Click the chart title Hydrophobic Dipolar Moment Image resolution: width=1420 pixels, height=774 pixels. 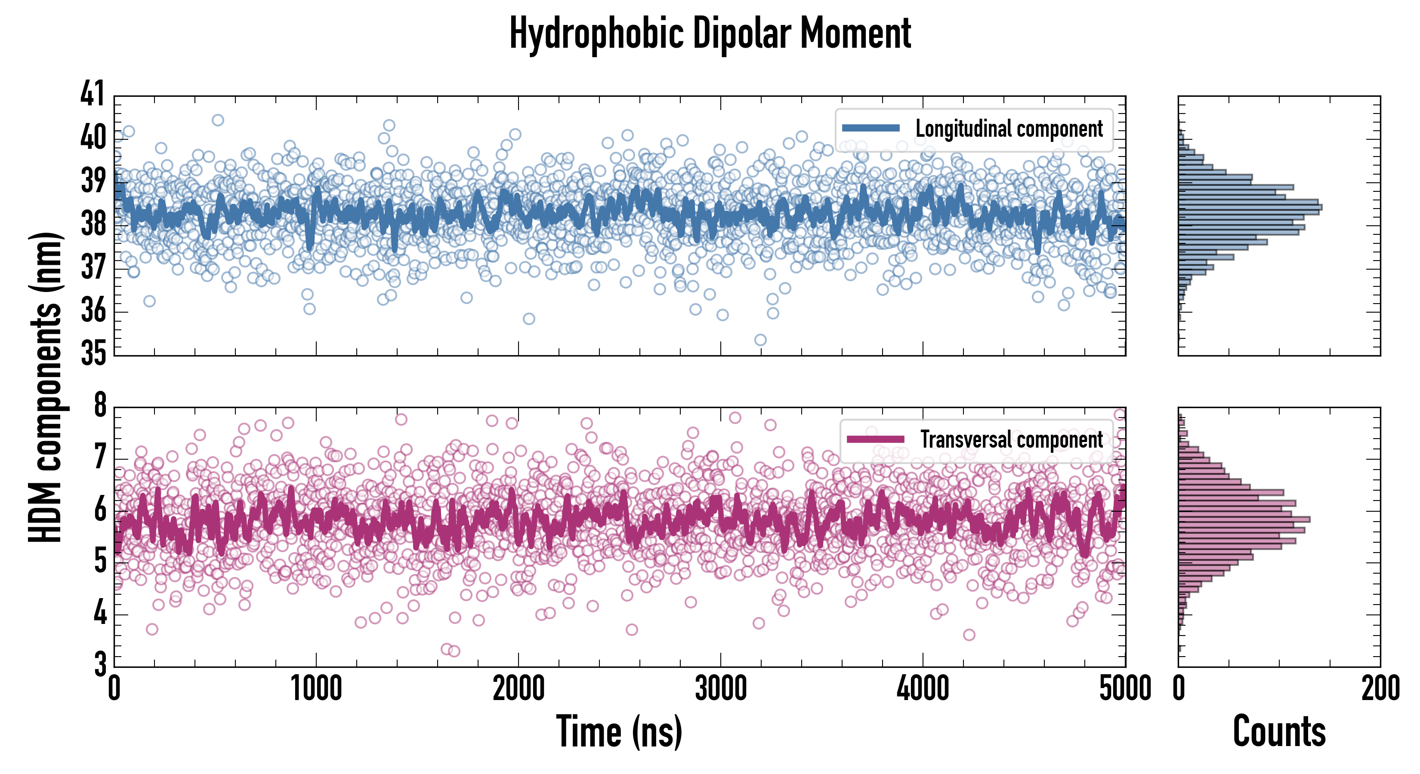coord(710,34)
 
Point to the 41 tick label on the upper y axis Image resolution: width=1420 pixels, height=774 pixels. coord(92,94)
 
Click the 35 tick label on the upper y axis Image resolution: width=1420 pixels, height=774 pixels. coord(92,353)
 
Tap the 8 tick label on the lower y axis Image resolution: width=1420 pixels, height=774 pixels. coord(100,405)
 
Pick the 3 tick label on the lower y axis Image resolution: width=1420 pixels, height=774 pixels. coord(100,664)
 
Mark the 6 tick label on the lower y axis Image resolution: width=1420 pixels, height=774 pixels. coord(100,510)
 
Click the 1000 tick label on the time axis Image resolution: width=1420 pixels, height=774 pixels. coord(316,688)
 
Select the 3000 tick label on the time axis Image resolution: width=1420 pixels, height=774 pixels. coord(720,688)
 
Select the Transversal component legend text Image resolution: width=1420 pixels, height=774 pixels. coord(1012,439)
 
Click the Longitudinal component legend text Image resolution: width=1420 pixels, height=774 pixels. coord(1009,129)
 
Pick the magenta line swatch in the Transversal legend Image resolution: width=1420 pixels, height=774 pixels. coord(875,439)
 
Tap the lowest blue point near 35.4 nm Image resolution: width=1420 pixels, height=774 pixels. coord(760,340)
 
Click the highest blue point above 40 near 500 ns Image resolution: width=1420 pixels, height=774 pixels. coord(218,120)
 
